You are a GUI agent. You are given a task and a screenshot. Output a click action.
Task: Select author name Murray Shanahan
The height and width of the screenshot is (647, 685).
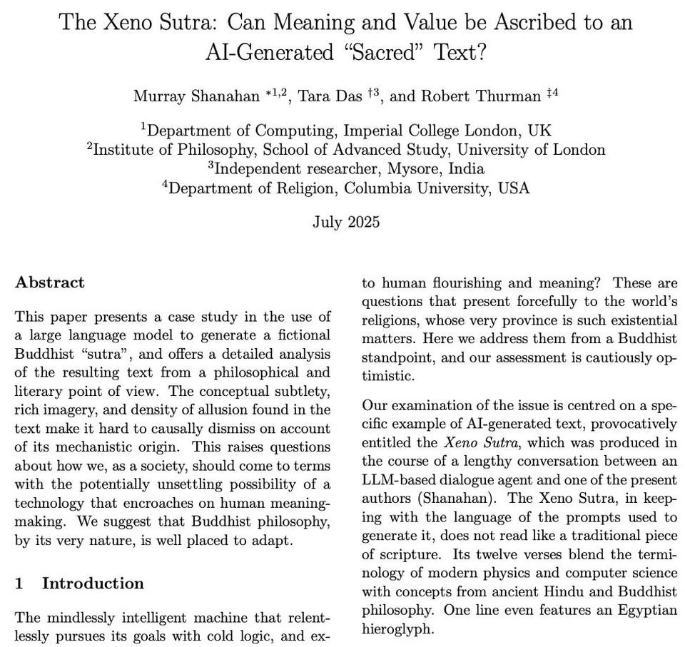pyautogui.click(x=196, y=97)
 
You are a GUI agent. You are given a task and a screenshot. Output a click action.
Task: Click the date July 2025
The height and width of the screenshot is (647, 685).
pyautogui.click(x=345, y=222)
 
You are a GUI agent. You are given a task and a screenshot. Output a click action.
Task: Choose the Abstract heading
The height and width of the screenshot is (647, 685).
pyautogui.click(x=50, y=282)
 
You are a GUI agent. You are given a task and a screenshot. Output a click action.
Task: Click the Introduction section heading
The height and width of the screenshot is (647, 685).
pyautogui.click(x=93, y=584)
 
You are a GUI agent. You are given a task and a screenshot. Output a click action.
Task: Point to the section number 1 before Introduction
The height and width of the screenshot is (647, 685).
pyautogui.click(x=19, y=584)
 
